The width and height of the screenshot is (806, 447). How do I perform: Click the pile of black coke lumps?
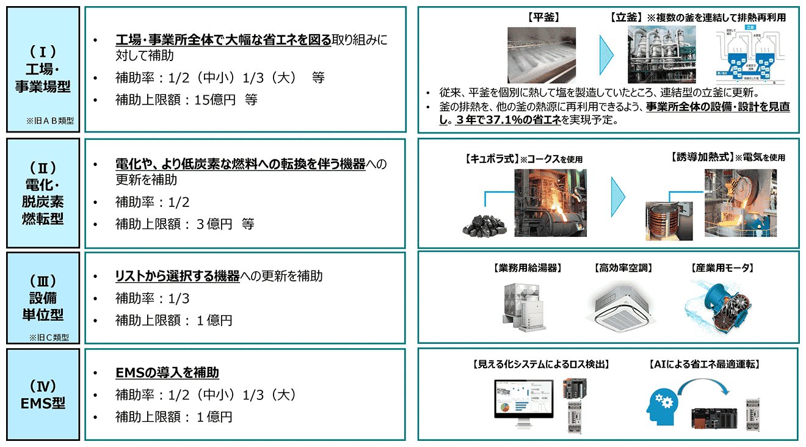pyautogui.click(x=485, y=223)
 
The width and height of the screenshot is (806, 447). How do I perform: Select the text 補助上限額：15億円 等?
pyautogui.click(x=186, y=100)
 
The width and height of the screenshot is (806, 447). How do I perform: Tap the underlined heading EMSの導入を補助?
pyautogui.click(x=167, y=372)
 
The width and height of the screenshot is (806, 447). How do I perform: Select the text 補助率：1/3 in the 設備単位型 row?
pyautogui.click(x=152, y=298)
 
